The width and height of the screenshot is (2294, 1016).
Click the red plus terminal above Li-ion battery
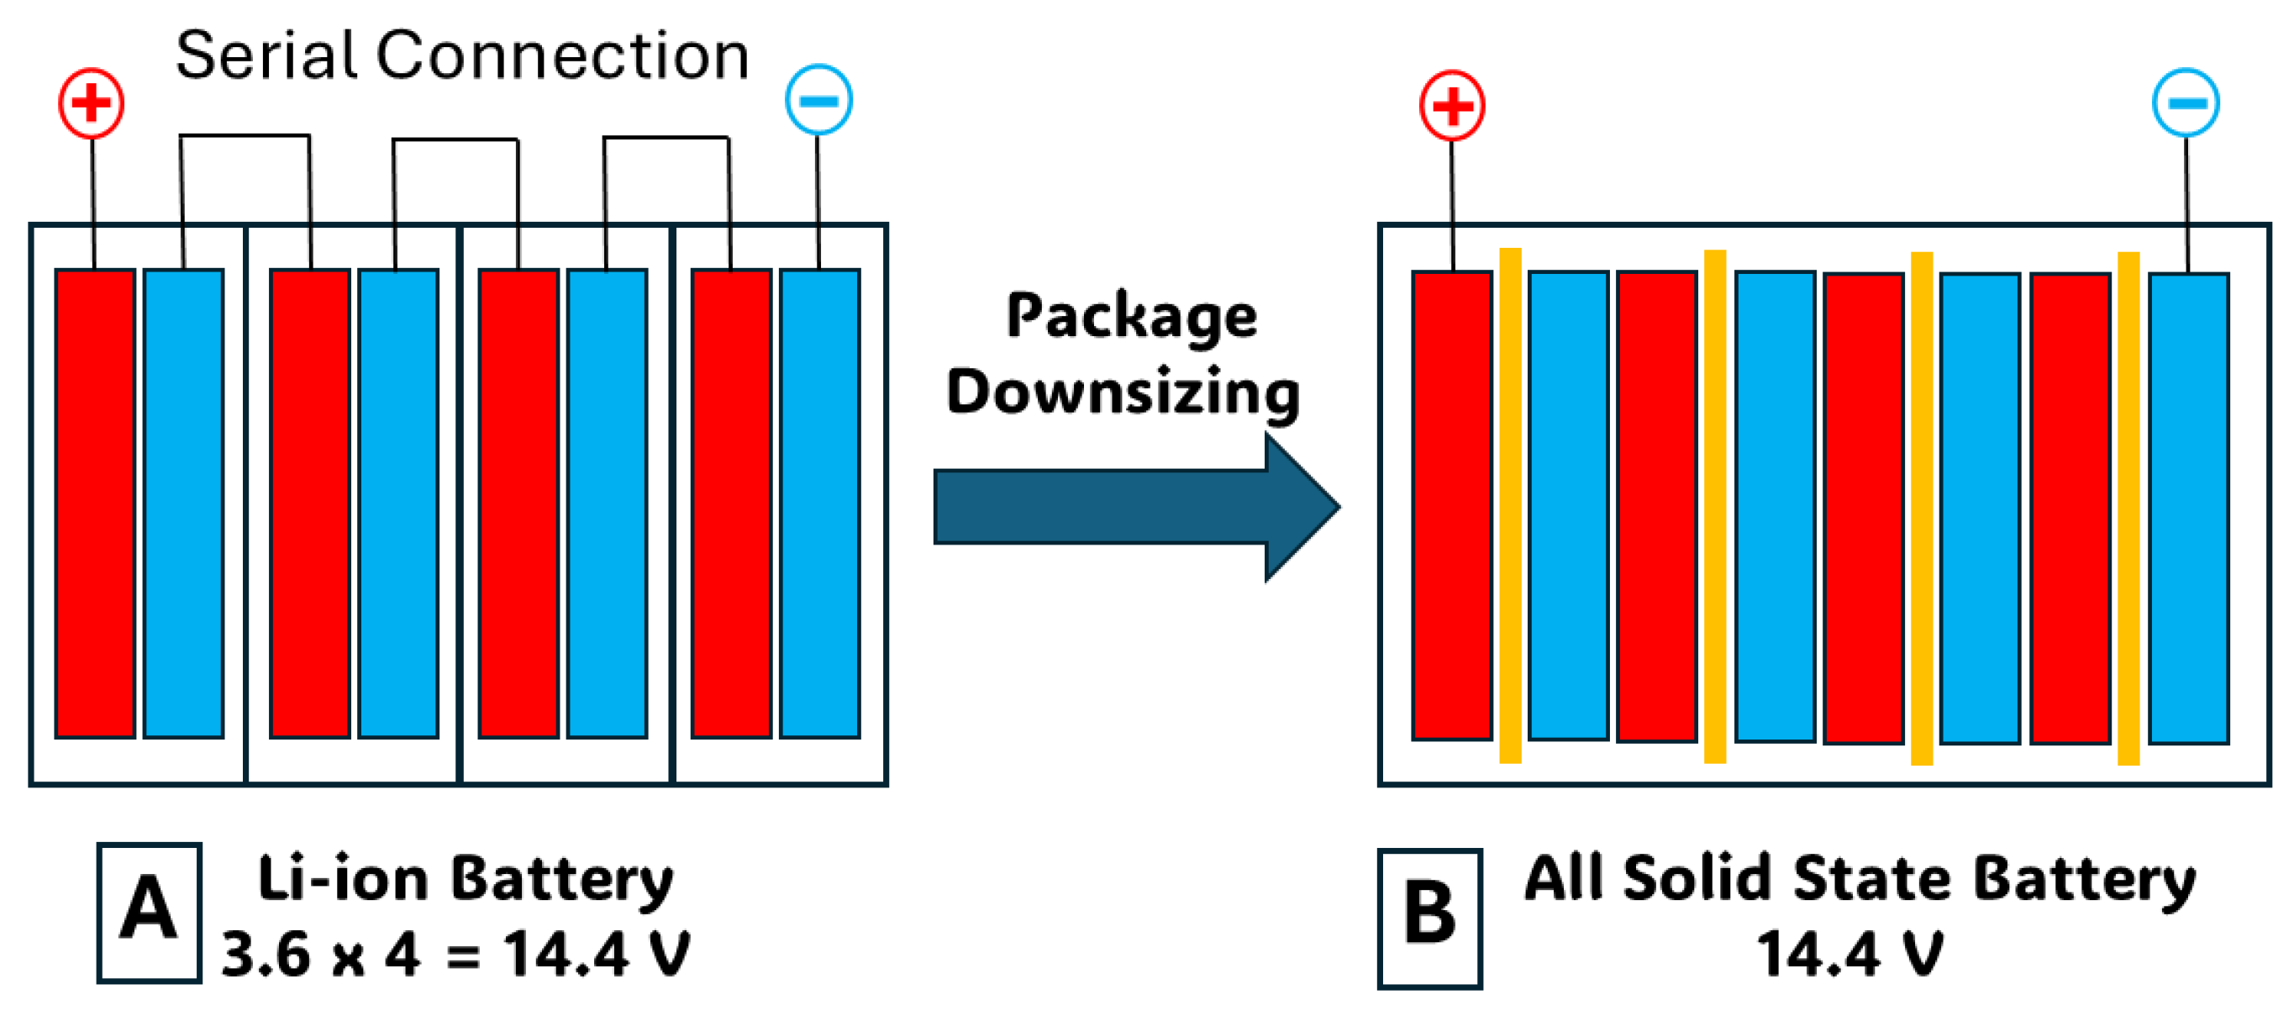91,103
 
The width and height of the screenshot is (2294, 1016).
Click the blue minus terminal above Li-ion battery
818,100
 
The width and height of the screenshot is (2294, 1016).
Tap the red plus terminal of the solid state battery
1451,106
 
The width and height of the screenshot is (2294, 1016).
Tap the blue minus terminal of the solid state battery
2186,103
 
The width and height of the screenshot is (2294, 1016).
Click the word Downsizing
1122,392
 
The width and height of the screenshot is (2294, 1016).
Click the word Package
1131,316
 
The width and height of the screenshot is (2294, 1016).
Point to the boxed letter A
149,912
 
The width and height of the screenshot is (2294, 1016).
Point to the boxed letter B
1429,917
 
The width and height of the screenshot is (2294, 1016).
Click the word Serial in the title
266,55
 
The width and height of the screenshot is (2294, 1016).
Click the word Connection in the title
562,55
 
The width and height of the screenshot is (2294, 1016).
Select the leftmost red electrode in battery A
95,503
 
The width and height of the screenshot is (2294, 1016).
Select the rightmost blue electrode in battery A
819,503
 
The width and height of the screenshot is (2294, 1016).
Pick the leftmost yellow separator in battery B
1510,505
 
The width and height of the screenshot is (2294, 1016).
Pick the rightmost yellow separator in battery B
2128,508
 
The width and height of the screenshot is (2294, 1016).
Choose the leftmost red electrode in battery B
1451,505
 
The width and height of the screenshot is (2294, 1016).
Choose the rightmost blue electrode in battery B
2188,508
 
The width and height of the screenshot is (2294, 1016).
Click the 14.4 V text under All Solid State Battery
1849,955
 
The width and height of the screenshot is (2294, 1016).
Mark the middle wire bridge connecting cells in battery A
456,140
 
